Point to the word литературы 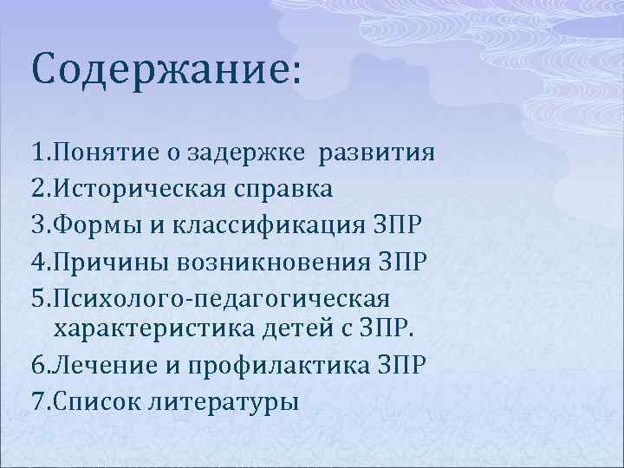(224, 402)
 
